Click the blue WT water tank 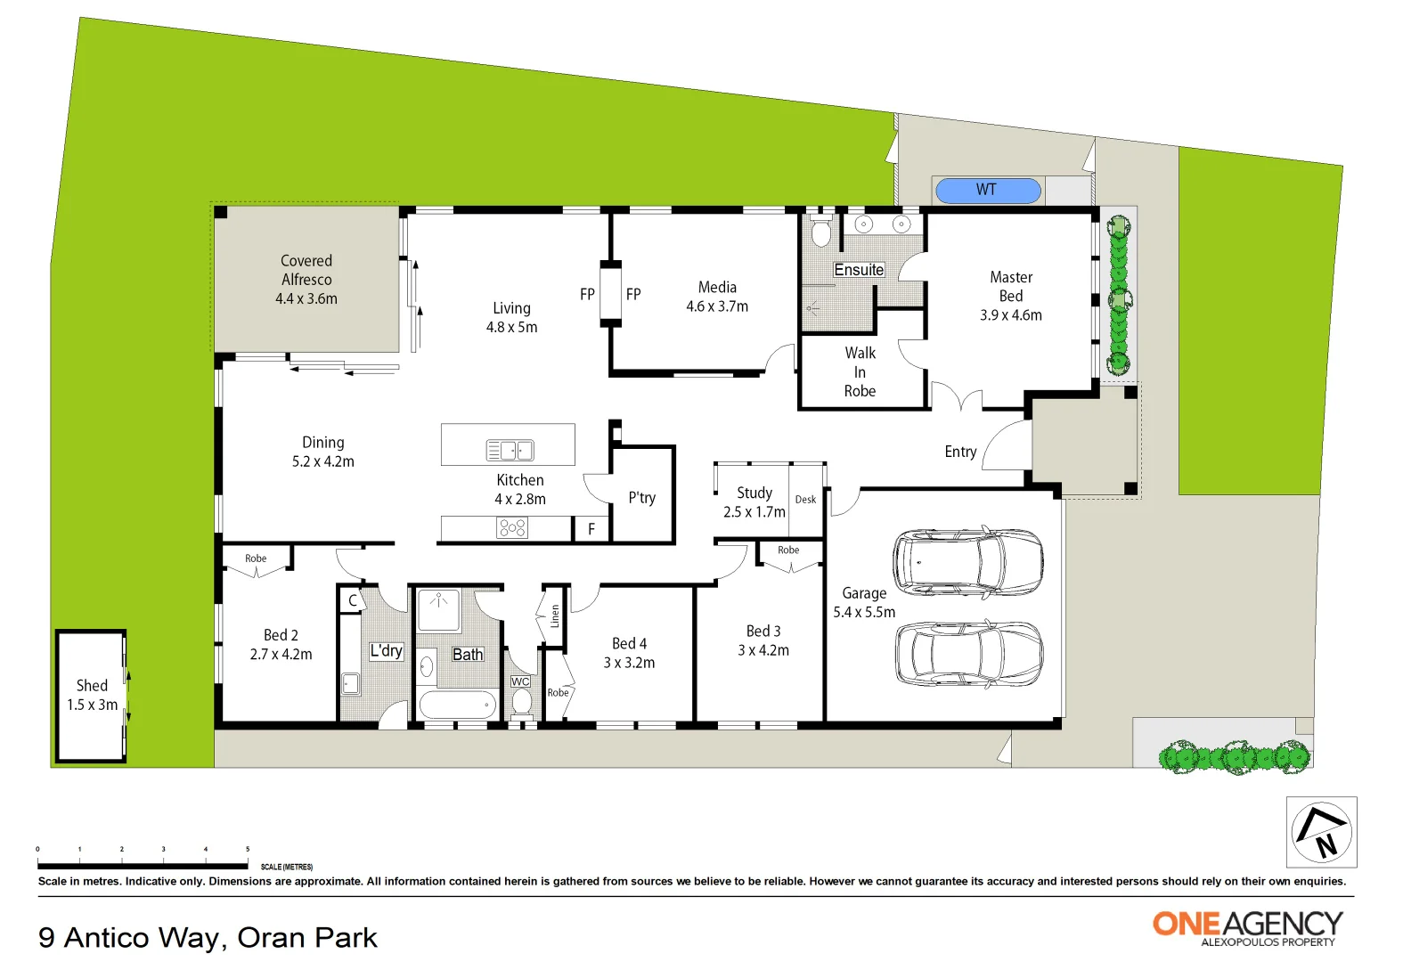(987, 190)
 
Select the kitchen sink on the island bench (510, 451)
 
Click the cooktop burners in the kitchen (512, 528)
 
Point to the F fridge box (591, 529)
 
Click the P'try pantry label (641, 498)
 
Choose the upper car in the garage (967, 562)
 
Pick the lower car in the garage (967, 654)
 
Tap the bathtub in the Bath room (458, 705)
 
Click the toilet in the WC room (521, 703)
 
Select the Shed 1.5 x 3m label (92, 695)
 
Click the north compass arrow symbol (1321, 831)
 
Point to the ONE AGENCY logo (1247, 926)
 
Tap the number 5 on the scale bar (248, 849)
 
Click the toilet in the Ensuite (821, 232)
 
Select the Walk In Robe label (860, 372)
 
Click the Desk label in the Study (805, 500)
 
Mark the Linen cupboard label (555, 616)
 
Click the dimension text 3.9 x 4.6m (1010, 315)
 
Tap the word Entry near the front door (960, 452)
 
